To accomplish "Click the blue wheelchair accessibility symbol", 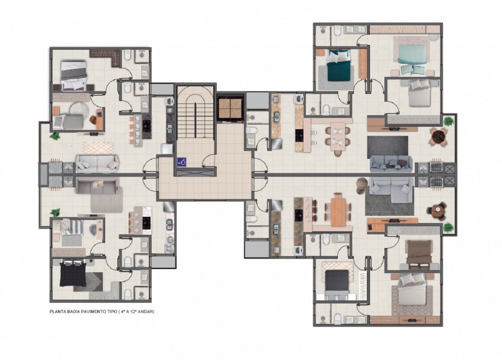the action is coord(182,162).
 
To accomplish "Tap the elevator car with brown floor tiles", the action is coord(230,108).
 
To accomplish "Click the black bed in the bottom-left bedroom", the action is coord(73,273).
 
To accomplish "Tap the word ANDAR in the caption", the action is coord(147,312).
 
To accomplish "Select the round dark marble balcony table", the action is coord(438,136).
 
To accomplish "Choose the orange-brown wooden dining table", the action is coord(338,212).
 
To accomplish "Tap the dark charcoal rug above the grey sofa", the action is coord(387,147).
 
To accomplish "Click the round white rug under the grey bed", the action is coord(79,109).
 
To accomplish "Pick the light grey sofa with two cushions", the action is coord(97,163).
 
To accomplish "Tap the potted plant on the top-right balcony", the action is coord(448,122).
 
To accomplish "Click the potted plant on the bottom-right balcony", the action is coord(448,228).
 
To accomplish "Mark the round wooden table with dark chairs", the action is coord(437,211).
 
